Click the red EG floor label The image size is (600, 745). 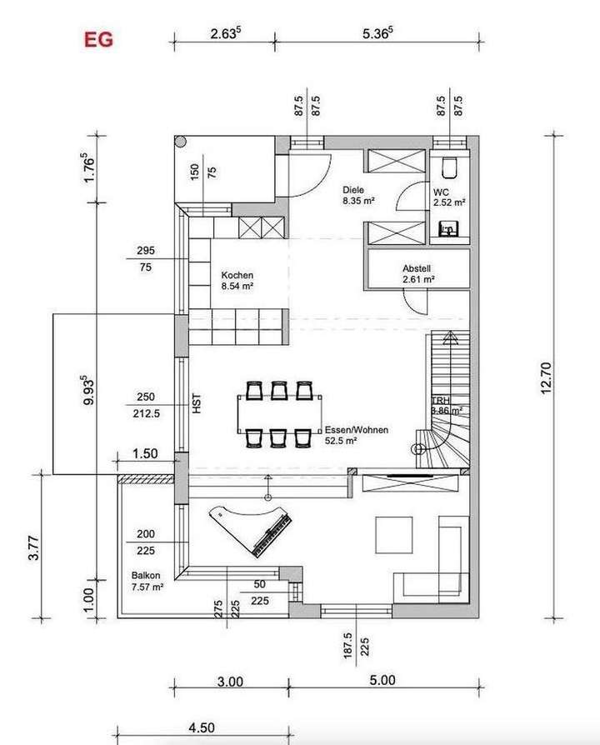(97, 38)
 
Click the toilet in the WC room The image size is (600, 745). (450, 167)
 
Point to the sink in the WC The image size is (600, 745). (448, 226)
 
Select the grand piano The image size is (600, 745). (250, 530)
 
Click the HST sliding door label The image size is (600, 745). (197, 405)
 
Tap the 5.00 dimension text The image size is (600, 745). (382, 681)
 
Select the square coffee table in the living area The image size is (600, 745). (393, 534)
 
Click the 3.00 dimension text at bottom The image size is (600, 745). (231, 681)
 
